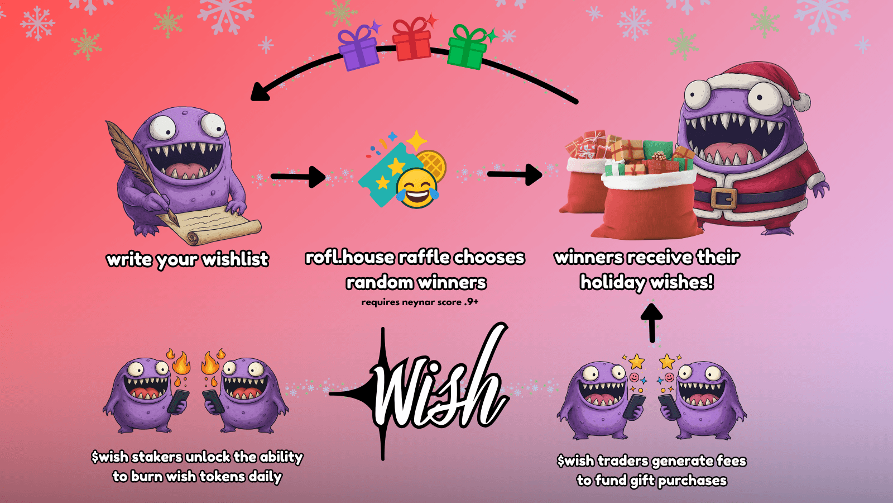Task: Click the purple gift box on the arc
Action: click(x=359, y=49)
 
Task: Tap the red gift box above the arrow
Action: click(x=412, y=40)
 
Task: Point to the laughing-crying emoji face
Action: click(x=417, y=188)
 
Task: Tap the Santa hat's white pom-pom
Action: click(x=801, y=102)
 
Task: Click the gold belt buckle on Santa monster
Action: click(x=724, y=198)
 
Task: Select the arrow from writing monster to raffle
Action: click(x=298, y=177)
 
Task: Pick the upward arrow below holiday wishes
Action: click(x=651, y=321)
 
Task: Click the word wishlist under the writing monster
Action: click(x=235, y=259)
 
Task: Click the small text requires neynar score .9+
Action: click(x=420, y=302)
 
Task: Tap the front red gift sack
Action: click(x=647, y=207)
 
